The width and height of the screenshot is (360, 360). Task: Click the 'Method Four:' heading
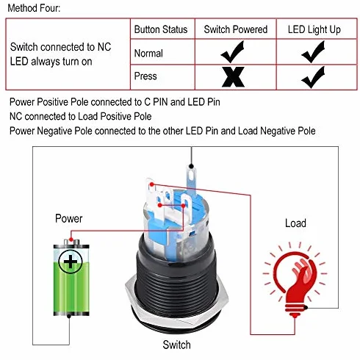34,8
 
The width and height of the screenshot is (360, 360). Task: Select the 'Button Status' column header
161,29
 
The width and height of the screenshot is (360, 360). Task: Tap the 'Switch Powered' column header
236,29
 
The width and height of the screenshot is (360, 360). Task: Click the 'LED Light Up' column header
314,30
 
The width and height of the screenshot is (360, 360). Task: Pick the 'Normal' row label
148,53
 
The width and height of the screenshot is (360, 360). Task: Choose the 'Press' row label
145,76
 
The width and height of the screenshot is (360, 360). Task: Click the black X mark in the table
233,77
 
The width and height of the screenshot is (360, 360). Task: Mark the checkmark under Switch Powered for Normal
233,51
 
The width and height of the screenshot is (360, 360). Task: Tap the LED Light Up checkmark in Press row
313,77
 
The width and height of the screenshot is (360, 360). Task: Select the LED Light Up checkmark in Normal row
313,51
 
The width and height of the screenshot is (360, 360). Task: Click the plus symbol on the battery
71,262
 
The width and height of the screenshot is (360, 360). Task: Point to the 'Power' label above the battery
69,218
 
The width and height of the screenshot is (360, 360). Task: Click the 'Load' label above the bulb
295,223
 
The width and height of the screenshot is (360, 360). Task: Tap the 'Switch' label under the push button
176,345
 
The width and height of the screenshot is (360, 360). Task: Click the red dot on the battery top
71,239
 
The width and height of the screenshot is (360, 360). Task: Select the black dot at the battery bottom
69,316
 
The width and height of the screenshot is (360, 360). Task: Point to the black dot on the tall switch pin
192,167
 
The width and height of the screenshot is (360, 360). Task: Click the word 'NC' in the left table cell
104,47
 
